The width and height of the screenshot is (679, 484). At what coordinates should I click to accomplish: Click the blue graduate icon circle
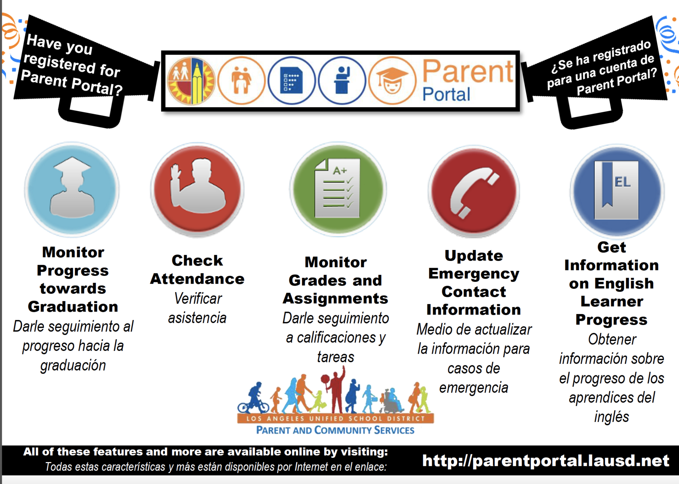(72, 189)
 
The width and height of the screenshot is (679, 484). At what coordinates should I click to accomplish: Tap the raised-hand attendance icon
(197, 189)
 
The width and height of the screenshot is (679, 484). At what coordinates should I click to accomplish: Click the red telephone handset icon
(474, 191)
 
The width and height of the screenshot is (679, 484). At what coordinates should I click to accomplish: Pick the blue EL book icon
(617, 191)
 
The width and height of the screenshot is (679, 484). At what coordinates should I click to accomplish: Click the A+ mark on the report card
(340, 171)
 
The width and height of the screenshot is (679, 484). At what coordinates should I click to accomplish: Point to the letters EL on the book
(622, 182)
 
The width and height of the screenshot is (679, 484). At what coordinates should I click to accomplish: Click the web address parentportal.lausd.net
(546, 460)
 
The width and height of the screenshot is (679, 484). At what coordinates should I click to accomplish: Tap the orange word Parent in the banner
(468, 72)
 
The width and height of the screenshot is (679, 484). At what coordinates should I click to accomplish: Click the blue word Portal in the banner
(446, 94)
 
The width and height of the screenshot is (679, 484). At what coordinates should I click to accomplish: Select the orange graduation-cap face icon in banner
(392, 81)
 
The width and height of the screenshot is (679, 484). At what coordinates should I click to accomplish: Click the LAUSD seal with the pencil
(191, 81)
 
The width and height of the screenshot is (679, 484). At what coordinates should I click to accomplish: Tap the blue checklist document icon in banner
(291, 80)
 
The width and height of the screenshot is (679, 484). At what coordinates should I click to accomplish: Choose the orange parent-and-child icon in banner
(241, 80)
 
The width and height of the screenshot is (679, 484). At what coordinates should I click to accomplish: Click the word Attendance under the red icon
(197, 279)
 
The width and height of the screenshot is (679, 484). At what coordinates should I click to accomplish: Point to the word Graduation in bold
(73, 307)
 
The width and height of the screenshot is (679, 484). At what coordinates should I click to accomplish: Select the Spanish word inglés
(611, 417)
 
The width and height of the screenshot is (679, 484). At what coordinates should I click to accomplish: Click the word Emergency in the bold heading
(474, 274)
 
